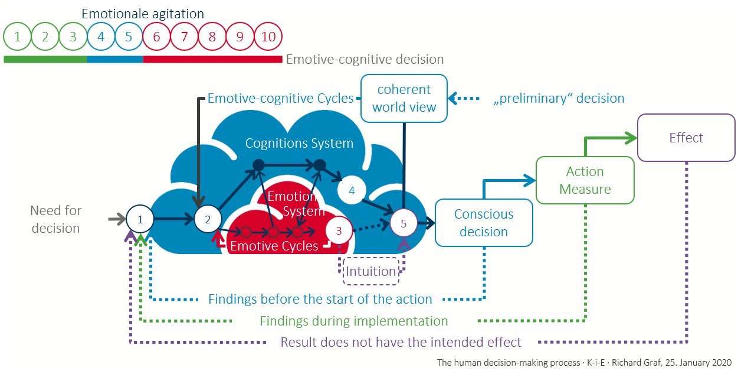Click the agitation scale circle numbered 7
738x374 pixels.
click(185, 37)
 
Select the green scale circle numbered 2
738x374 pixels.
click(45, 37)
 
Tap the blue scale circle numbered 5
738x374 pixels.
click(129, 37)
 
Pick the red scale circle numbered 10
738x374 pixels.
click(268, 37)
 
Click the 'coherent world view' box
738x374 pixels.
click(404, 98)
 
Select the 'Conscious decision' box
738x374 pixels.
click(484, 223)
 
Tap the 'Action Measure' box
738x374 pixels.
click(585, 180)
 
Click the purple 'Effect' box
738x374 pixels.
click(686, 138)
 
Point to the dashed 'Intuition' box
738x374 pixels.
click(371, 271)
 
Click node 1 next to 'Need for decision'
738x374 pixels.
click(140, 219)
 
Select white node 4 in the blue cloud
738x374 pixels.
click(352, 190)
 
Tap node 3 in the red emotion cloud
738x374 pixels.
click(339, 230)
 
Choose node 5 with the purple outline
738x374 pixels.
click(404, 223)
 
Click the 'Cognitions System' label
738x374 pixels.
click(299, 143)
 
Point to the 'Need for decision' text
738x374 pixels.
click(56, 219)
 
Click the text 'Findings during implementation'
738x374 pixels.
click(354, 321)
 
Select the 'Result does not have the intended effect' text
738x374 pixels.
click(401, 342)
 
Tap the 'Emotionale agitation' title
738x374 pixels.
click(143, 13)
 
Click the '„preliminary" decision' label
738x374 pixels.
click(558, 98)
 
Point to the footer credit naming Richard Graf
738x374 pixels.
click(584, 362)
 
